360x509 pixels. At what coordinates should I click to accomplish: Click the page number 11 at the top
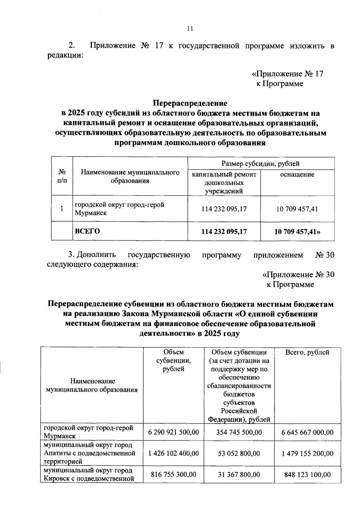[189, 28]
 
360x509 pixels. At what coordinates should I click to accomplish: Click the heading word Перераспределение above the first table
[190, 103]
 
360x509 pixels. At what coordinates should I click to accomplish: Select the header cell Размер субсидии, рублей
[260, 164]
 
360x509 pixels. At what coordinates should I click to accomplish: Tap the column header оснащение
[297, 174]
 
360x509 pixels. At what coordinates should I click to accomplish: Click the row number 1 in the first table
[62, 209]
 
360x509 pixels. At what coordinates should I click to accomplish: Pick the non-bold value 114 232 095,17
[224, 209]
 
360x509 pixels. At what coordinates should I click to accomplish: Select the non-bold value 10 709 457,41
[297, 209]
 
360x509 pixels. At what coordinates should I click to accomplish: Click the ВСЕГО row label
[87, 231]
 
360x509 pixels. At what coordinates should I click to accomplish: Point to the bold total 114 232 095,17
[224, 231]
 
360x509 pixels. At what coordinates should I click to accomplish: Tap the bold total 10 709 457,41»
[297, 231]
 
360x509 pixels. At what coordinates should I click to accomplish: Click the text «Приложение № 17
[287, 74]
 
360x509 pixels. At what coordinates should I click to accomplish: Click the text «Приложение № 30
[298, 275]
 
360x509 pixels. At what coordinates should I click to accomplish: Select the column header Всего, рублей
[307, 352]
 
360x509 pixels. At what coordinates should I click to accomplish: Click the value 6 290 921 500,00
[173, 432]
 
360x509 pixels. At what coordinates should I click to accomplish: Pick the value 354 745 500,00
[239, 432]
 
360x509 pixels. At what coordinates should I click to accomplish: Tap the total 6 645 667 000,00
[307, 432]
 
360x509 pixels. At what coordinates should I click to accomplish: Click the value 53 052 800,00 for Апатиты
[239, 453]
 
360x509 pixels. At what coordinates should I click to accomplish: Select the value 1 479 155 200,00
[307, 453]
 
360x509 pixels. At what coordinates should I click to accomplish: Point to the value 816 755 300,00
[173, 475]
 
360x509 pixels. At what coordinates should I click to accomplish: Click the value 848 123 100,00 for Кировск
[307, 475]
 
